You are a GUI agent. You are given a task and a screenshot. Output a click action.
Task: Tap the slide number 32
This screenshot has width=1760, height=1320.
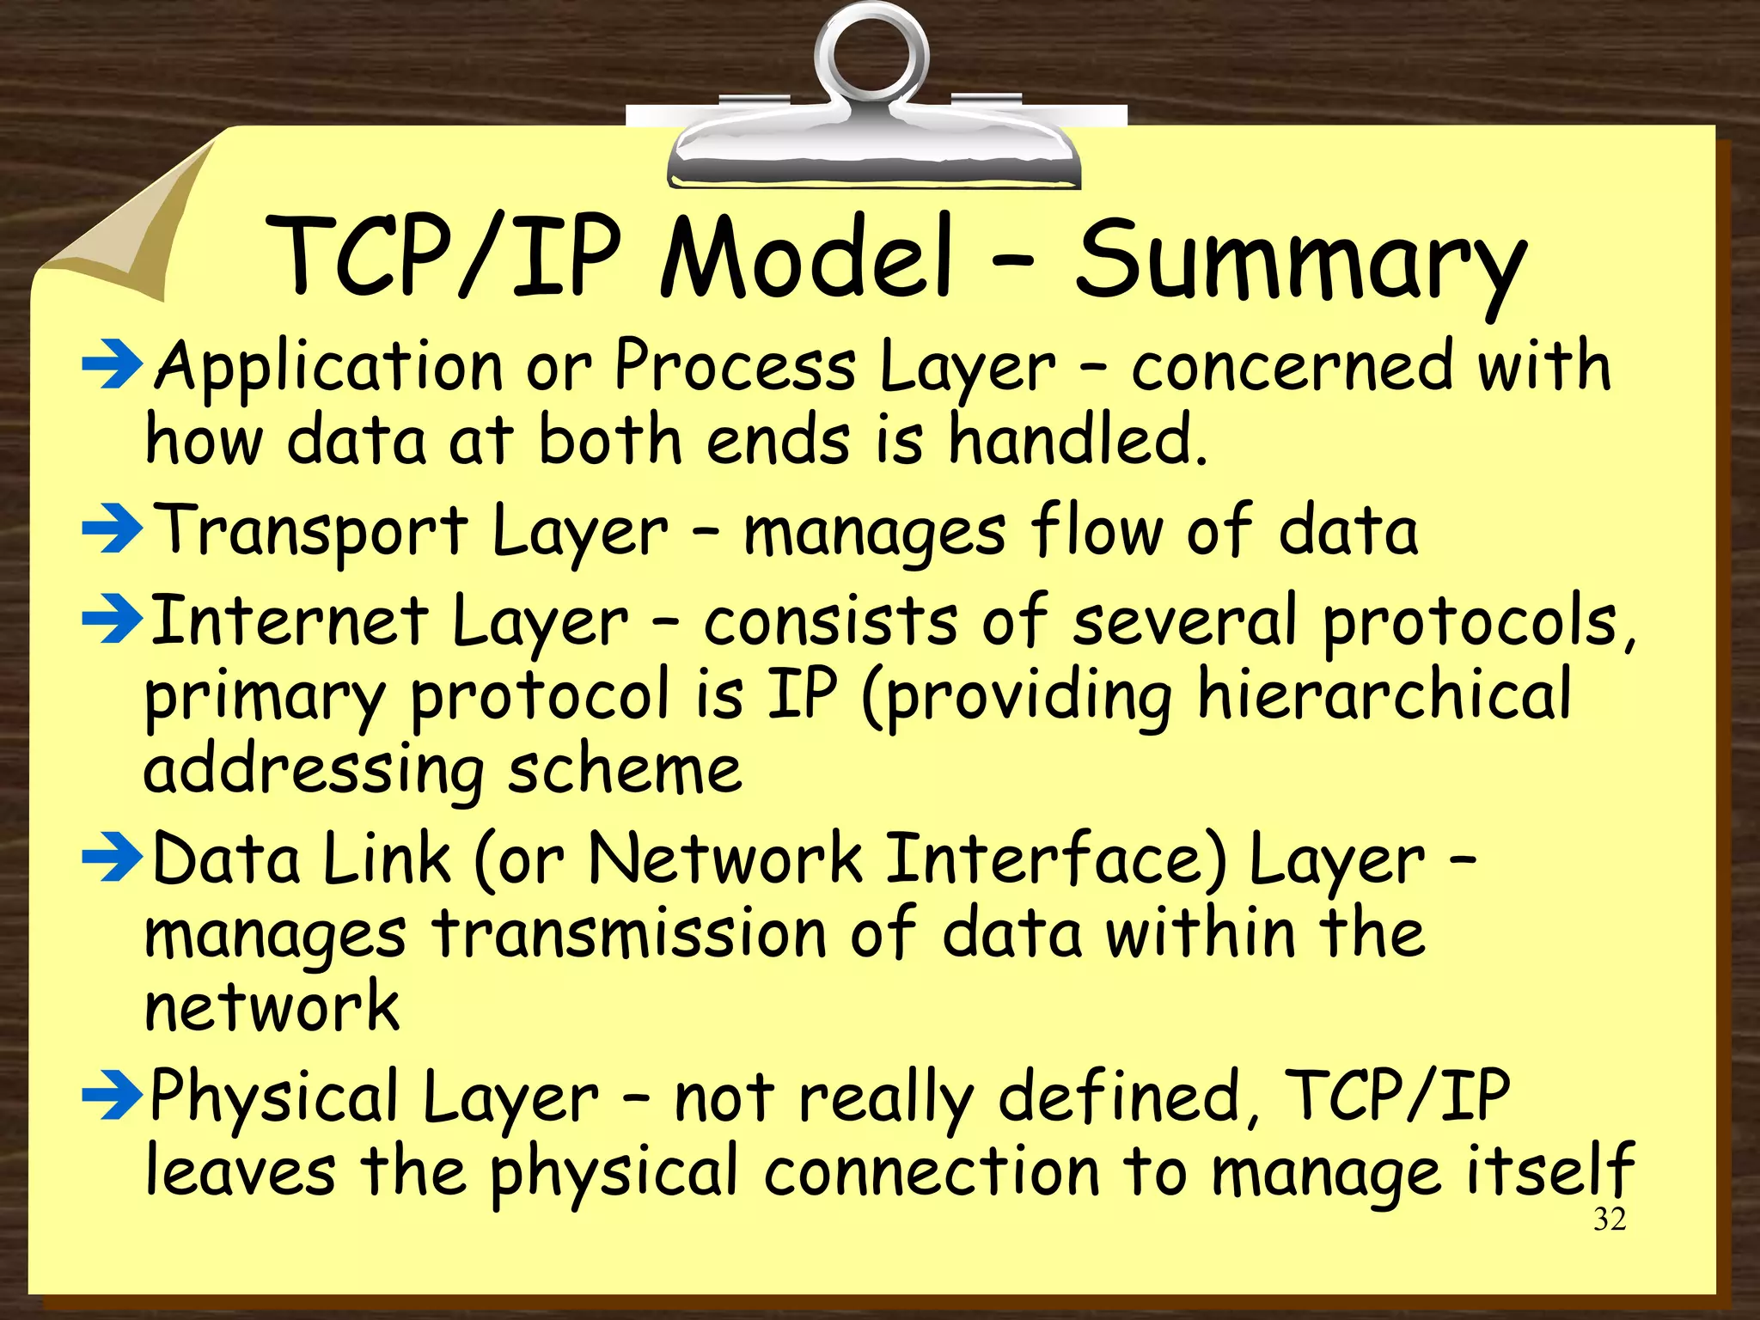1609,1219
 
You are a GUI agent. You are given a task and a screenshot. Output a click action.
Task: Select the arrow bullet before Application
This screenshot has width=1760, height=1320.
112,364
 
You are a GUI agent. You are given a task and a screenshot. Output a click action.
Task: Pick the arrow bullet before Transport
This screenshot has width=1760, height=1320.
112,529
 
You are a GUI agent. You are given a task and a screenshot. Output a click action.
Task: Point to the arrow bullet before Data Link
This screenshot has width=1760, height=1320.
112,859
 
